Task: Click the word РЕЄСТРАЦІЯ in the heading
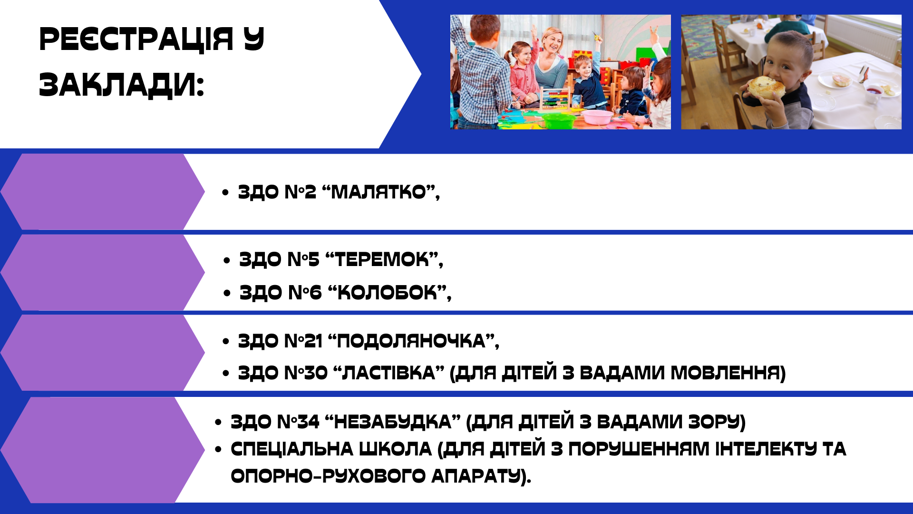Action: pyautogui.click(x=136, y=39)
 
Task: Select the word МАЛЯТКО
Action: pyautogui.click(x=379, y=192)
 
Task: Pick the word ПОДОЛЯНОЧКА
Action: pyautogui.click(x=411, y=341)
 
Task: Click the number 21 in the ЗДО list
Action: pyautogui.click(x=313, y=341)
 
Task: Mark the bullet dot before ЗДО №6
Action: pyautogui.click(x=227, y=293)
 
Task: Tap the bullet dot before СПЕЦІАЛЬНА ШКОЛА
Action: pyautogui.click(x=218, y=449)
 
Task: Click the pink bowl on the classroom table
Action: pyautogui.click(x=598, y=117)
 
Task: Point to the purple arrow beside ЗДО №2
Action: pyautogui.click(x=102, y=191)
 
